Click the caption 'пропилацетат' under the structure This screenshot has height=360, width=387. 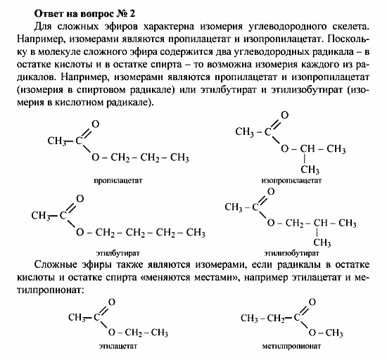pos(118,181)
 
